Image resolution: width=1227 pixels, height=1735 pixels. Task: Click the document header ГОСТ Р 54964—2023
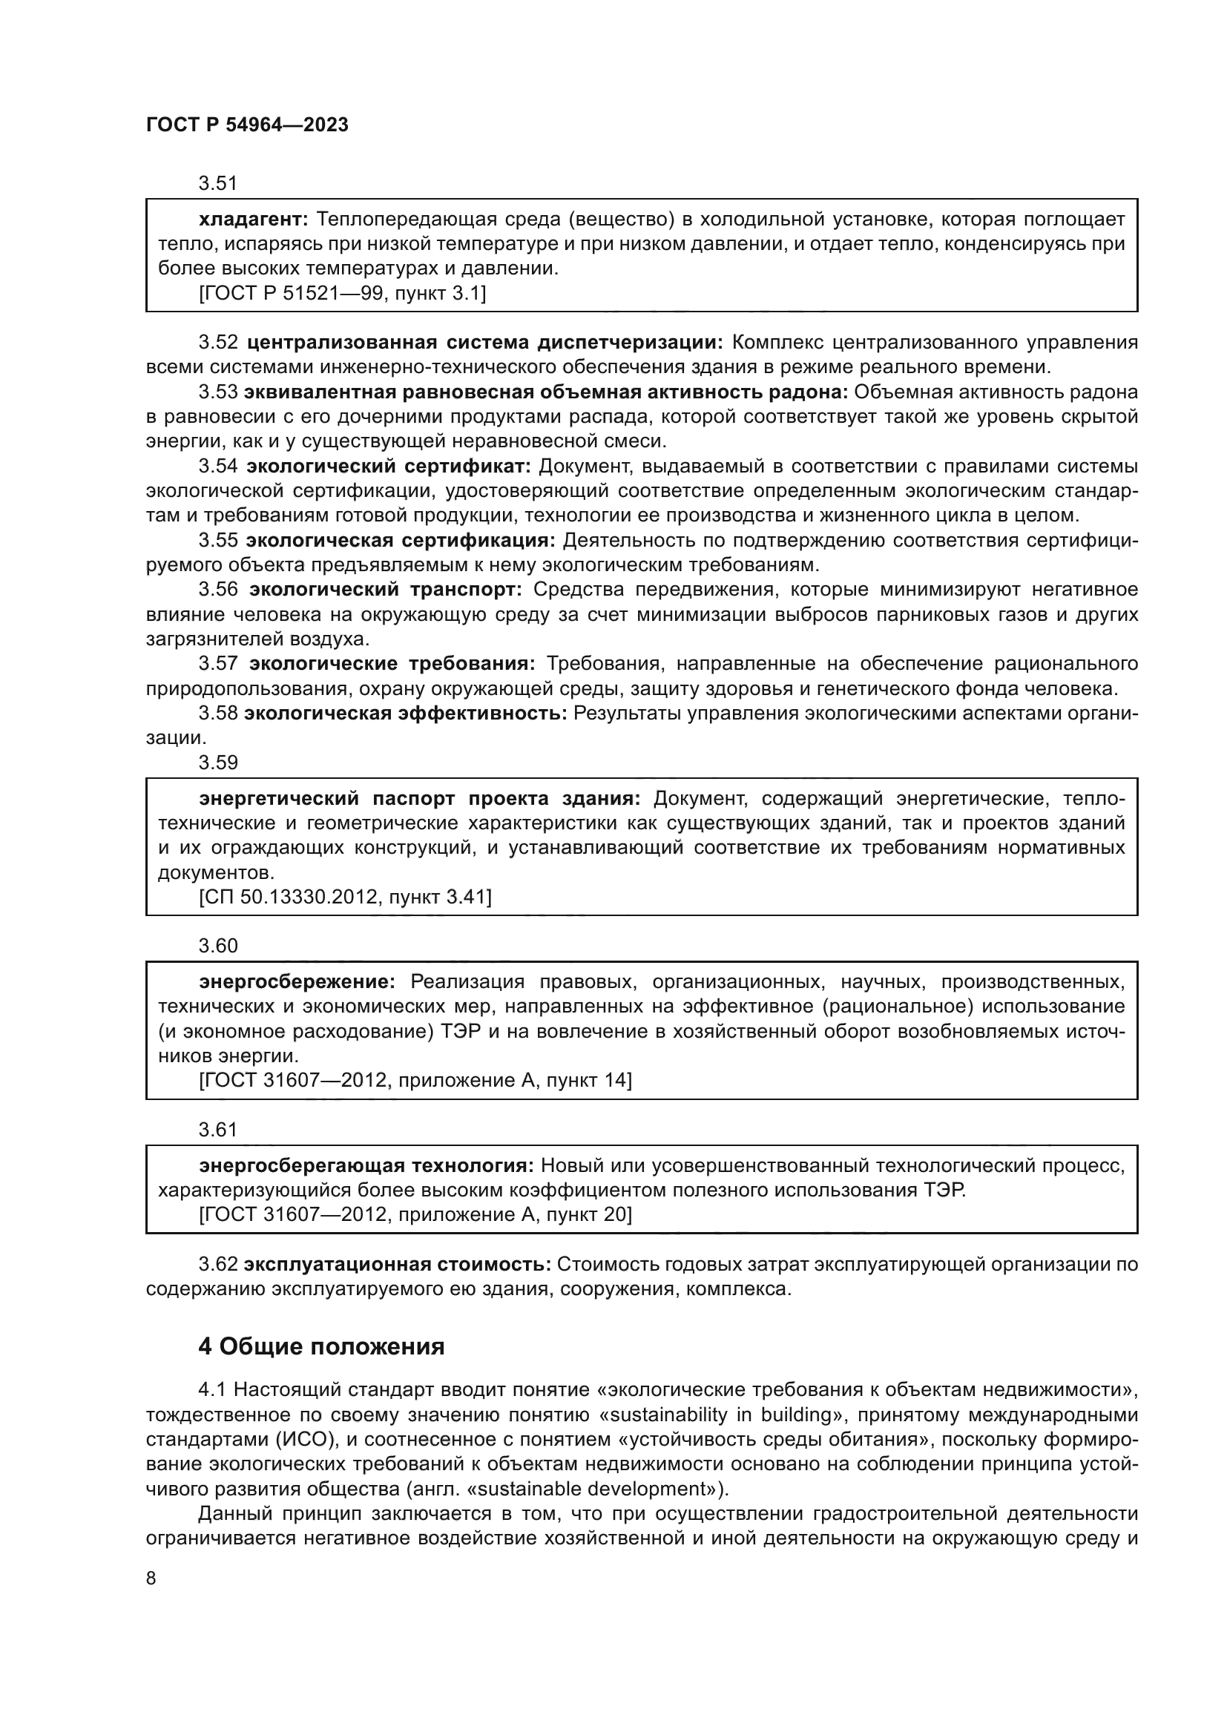[247, 125]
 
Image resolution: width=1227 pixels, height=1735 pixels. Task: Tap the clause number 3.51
[217, 183]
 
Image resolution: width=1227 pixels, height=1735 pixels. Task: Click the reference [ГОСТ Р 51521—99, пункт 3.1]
[342, 293]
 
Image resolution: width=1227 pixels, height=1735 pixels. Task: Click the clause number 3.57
[217, 663]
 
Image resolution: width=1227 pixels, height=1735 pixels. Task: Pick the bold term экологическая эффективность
[405, 714]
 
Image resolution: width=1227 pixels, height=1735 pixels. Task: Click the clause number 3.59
[217, 763]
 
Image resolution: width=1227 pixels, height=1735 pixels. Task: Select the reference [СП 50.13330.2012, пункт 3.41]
[344, 897]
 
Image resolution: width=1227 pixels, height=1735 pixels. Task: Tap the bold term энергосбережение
[297, 981]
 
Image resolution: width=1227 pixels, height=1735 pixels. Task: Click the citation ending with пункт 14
[415, 1081]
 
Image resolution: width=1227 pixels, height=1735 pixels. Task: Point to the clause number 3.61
[217, 1130]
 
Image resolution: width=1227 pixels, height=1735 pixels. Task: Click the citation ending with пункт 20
[415, 1214]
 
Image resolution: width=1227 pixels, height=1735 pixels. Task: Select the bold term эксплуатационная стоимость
[398, 1264]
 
